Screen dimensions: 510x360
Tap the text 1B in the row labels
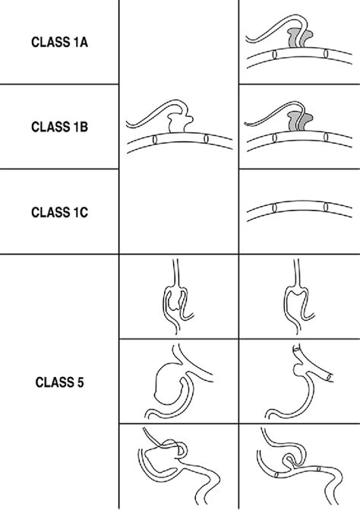pyautogui.click(x=79, y=128)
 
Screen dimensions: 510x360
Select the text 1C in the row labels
pyautogui.click(x=79, y=214)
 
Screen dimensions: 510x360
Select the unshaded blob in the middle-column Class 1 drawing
pyautogui.click(x=179, y=124)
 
